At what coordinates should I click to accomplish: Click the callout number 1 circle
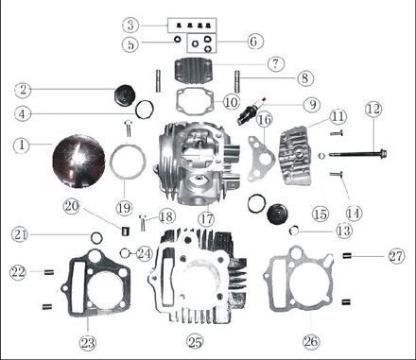tap(22, 146)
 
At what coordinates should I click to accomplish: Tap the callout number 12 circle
tap(373, 109)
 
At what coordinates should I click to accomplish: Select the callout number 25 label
tap(195, 341)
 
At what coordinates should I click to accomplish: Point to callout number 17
tap(207, 218)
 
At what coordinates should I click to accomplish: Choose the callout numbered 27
tap(396, 256)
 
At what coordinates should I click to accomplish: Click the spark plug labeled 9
tap(251, 111)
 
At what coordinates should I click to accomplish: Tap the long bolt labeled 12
tap(358, 154)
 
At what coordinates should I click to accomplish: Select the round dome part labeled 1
tap(78, 162)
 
